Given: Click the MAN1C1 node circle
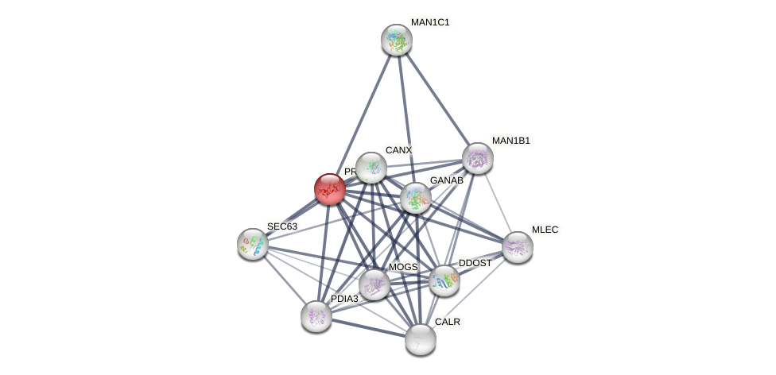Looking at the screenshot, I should click(396, 40).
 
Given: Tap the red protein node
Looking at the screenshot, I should click(329, 189).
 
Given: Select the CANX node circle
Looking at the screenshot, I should click(371, 168).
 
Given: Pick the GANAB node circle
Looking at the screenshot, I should click(415, 198).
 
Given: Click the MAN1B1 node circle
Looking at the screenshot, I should click(477, 158).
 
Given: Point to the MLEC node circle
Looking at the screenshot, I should click(517, 247).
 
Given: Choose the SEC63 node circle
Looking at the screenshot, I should click(253, 244).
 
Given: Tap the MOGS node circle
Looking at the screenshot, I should click(374, 284).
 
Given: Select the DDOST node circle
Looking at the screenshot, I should click(444, 280).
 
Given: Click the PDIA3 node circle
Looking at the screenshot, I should click(316, 316).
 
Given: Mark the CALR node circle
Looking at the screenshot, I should click(420, 339).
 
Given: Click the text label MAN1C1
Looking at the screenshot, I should click(430, 22).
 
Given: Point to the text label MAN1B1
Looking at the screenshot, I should click(510, 141).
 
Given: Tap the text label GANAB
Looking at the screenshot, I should click(446, 180).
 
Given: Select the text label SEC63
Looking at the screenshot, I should click(281, 226).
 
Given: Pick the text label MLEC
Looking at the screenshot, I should click(545, 230).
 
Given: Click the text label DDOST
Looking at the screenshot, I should click(475, 263).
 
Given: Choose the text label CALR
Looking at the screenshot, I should click(447, 322).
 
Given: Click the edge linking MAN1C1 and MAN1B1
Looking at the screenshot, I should click(436, 99).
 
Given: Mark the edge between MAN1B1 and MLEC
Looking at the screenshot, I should click(497, 203).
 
